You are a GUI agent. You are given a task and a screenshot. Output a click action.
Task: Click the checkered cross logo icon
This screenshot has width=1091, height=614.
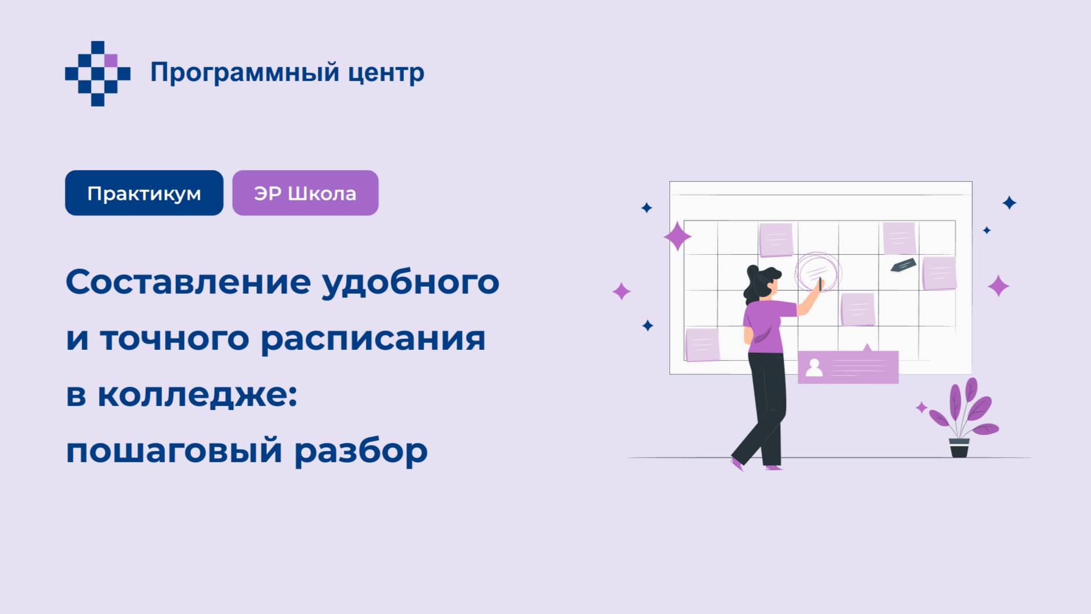pyautogui.click(x=98, y=74)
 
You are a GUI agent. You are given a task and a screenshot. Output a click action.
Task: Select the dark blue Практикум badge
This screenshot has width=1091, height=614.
pyautogui.click(x=144, y=193)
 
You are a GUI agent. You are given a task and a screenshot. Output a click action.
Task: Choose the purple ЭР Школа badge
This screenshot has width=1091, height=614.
pyautogui.click(x=305, y=193)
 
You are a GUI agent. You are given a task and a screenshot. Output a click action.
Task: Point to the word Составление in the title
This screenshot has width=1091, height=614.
pyautogui.click(x=189, y=282)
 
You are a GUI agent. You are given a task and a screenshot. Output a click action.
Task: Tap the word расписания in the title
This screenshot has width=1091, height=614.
pyautogui.click(x=373, y=338)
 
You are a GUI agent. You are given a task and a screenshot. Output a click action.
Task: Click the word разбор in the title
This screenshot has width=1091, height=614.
pyautogui.click(x=361, y=451)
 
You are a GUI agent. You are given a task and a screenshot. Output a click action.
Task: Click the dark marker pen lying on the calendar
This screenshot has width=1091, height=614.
pyautogui.click(x=903, y=265)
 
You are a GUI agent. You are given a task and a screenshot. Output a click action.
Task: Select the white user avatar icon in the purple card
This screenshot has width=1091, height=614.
pyautogui.click(x=814, y=368)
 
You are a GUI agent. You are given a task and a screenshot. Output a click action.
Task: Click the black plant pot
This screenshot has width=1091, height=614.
pyautogui.click(x=959, y=448)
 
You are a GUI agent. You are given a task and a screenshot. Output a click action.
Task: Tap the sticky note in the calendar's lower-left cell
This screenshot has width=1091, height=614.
pyautogui.click(x=702, y=345)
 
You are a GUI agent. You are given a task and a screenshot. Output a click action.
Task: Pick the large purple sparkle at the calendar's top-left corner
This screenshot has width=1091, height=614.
pyautogui.click(x=677, y=236)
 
